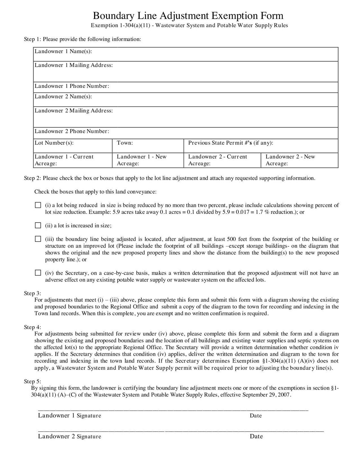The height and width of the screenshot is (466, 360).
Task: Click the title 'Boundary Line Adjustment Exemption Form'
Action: [188, 15]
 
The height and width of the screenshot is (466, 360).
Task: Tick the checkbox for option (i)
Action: [38, 205]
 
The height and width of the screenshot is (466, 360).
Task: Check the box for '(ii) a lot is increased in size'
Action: [38, 225]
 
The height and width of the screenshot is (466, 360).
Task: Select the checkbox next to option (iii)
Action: [38, 239]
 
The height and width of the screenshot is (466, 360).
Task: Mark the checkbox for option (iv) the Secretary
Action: [38, 273]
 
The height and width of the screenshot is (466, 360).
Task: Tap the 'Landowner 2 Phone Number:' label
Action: [72, 131]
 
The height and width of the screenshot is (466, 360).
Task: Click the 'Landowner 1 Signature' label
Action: [69, 416]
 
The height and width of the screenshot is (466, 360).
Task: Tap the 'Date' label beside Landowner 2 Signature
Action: [256, 436]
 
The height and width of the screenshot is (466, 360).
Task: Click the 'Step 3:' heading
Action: [32, 293]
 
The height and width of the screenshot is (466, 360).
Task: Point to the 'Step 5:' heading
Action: [32, 381]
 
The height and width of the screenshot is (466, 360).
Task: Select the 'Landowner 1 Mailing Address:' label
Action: [74, 65]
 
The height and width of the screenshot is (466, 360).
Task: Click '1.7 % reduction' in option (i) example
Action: [275, 212]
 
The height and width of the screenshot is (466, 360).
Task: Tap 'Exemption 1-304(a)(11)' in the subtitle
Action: [119, 25]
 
